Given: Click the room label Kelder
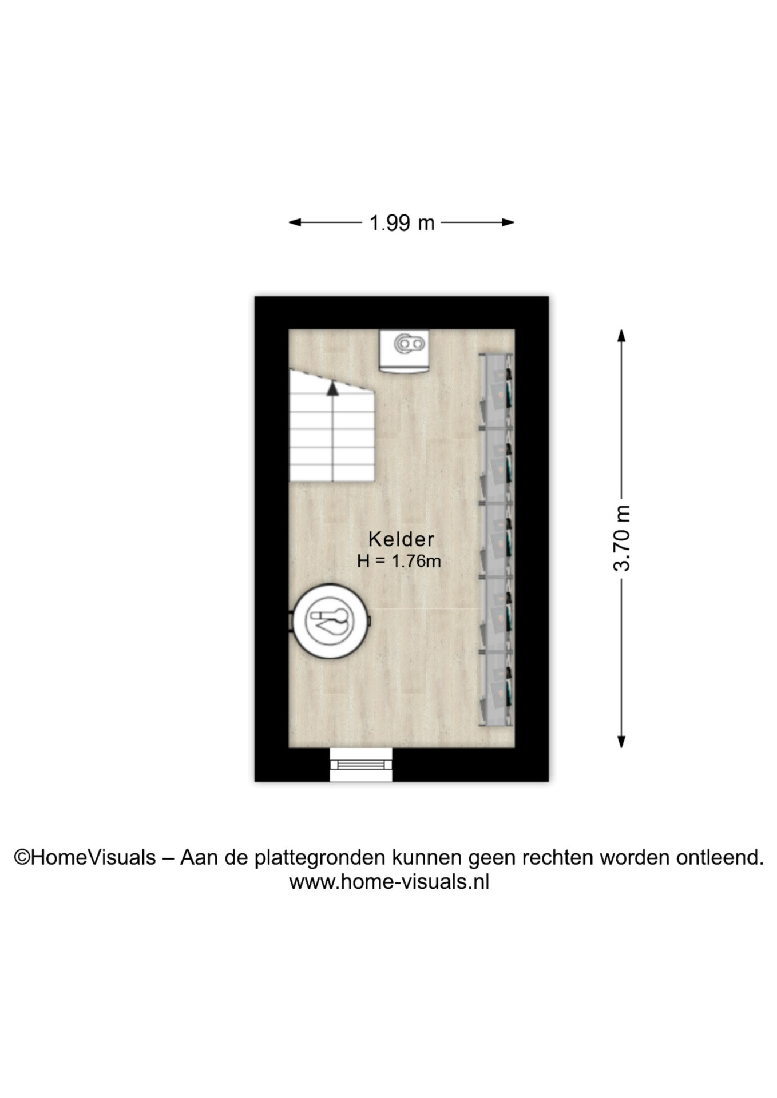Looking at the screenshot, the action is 401,539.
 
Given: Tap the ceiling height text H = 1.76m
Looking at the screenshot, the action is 399,562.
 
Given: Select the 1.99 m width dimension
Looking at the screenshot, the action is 402,222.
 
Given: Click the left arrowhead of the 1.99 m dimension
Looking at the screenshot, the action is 295,222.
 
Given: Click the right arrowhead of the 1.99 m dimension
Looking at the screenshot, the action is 508,222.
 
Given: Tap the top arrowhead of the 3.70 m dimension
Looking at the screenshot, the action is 621,336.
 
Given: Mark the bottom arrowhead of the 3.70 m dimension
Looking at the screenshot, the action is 621,742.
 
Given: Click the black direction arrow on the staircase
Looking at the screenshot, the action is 332,389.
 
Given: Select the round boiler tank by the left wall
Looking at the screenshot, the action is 330,621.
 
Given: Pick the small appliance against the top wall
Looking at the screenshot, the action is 404,351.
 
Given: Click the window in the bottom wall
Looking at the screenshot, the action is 361,765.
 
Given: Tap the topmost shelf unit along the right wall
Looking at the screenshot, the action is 495,390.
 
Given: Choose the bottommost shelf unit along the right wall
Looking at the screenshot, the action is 495,689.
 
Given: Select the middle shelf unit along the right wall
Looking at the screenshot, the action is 495,539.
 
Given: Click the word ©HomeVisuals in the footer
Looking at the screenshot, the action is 85,857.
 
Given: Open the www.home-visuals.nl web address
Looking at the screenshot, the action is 389,882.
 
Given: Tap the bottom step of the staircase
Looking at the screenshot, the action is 332,472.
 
